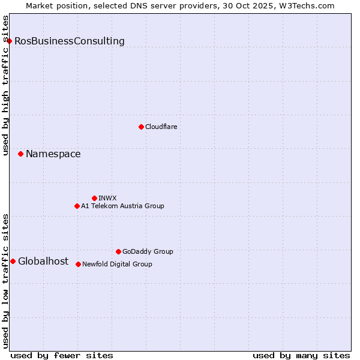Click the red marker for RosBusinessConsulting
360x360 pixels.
pyautogui.click(x=10, y=41)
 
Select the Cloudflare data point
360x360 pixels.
pyautogui.click(x=141, y=127)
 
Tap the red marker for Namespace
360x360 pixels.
pyautogui.click(x=20, y=154)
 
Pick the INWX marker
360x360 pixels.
pyautogui.click(x=94, y=198)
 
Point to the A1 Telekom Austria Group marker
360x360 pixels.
pyautogui.click(x=77, y=206)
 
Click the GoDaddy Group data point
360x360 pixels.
pyautogui.click(x=118, y=251)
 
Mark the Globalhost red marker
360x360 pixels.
pyautogui.click(x=13, y=261)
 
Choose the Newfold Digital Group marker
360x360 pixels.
pyautogui.click(x=78, y=264)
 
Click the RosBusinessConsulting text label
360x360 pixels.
pyautogui.click(x=70, y=41)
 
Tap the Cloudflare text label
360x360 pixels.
pyautogui.click(x=161, y=127)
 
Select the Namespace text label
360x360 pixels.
pyautogui.click(x=53, y=154)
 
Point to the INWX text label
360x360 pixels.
pyautogui.click(x=107, y=198)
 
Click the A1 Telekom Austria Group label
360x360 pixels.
pyautogui.click(x=122, y=206)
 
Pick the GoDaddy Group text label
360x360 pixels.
pyautogui.click(x=148, y=251)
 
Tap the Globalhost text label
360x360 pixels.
pyautogui.click(x=43, y=261)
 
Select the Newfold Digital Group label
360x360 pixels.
pyautogui.click(x=117, y=264)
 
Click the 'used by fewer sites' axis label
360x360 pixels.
pyautogui.click(x=62, y=355)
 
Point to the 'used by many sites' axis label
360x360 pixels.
pyautogui.click(x=301, y=355)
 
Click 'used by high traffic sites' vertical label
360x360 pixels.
pyautogui.click(x=5, y=85)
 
